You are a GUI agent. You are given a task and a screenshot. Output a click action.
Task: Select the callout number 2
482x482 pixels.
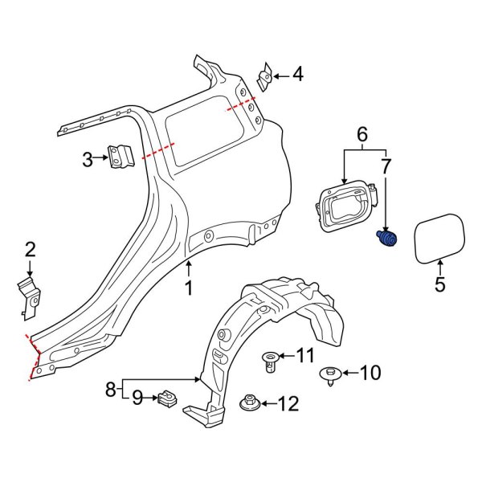point(30,249)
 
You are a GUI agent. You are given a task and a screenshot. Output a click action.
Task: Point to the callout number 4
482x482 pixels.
point(298,76)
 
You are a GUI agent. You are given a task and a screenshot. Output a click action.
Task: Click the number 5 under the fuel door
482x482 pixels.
point(439,284)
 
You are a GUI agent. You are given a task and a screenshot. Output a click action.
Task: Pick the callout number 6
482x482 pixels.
point(361,134)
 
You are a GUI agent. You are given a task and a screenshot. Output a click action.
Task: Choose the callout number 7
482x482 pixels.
point(386,168)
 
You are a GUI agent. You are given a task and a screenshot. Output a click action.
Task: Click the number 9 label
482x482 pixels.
point(137,396)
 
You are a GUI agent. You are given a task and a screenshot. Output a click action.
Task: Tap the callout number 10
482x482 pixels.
point(370,373)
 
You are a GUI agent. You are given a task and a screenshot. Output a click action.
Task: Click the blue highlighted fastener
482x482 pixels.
point(386,239)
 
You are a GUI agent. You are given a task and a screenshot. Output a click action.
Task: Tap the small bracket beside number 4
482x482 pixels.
point(263,79)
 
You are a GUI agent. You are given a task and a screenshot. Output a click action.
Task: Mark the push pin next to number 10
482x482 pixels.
point(329,374)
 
